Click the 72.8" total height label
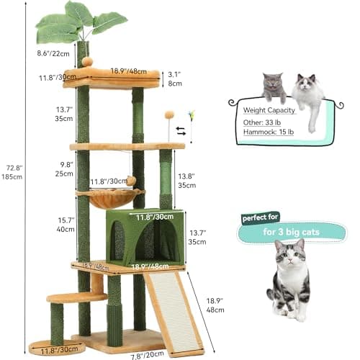12,172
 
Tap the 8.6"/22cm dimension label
53,53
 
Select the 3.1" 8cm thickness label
175,79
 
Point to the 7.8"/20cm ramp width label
148,355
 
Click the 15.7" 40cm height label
66,225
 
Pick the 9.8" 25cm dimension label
64,169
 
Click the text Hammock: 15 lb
269,132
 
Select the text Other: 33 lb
262,122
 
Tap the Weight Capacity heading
269,110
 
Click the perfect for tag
260,218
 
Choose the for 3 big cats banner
291,232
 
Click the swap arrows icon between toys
181,131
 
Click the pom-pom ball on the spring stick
169,114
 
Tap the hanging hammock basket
111,198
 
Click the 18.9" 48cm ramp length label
215,305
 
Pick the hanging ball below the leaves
86,61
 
